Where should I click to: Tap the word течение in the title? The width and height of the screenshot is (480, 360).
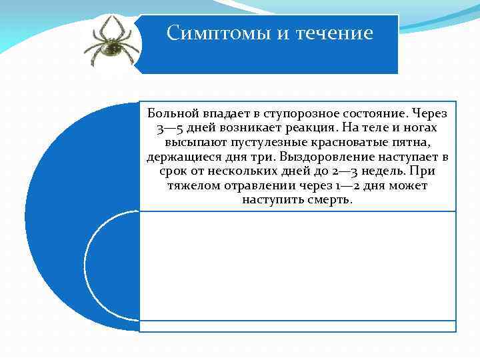[x=332, y=33]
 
